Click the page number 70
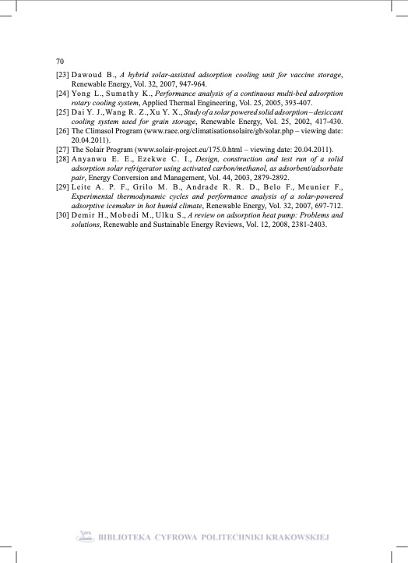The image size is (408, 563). tap(60, 61)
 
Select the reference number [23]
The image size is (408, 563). tap(62, 75)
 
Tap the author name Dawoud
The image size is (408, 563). tap(90, 75)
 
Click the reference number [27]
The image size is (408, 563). tap(62, 149)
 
